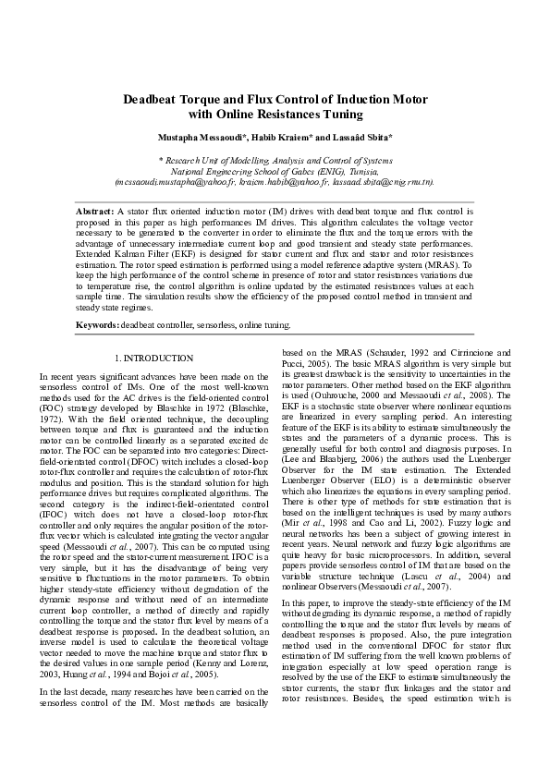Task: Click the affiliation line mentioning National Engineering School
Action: (x=275, y=171)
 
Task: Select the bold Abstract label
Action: (x=93, y=212)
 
